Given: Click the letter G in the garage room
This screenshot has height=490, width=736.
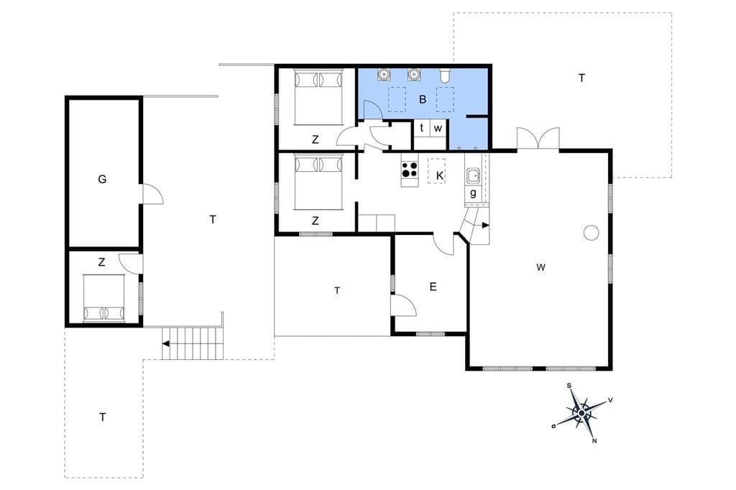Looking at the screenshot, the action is point(102,179).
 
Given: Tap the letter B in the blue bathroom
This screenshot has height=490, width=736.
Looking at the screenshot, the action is point(423,99).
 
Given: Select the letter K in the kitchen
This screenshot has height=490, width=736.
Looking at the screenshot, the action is point(440,176).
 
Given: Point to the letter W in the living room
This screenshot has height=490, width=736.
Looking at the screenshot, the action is point(540,267).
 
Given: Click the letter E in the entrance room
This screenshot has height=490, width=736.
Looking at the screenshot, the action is point(433,287).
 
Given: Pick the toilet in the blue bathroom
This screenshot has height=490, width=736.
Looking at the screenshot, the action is point(445,75).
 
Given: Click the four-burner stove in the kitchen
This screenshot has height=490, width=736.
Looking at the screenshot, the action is point(410,170).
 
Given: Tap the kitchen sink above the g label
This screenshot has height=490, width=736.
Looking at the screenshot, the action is point(472,176).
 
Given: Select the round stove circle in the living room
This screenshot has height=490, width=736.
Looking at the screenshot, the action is point(591,232).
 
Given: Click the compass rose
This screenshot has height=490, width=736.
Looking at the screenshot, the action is point(582,413).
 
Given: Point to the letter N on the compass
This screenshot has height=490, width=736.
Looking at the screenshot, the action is point(594,440).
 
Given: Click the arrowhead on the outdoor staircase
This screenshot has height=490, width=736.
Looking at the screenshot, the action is point(165,343).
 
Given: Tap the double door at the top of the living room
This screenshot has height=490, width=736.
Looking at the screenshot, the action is point(538,139).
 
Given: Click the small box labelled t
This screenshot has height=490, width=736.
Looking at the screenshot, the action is point(421,128).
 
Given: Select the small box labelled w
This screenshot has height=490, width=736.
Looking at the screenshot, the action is point(438,128).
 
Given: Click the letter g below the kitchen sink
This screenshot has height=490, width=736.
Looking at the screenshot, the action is point(473,193).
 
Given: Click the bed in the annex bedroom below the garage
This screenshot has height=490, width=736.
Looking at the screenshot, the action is point(103,299).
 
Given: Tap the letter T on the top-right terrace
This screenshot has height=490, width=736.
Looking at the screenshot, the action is point(581,78).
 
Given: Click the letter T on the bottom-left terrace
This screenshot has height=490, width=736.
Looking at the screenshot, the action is point(102,417).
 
